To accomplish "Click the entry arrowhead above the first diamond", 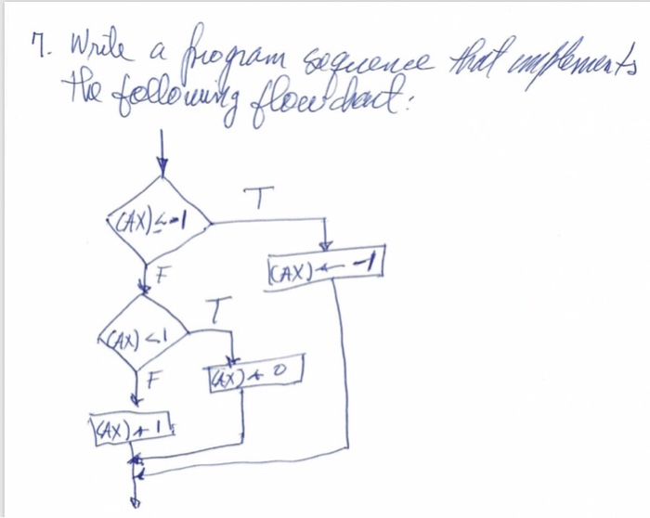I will point(163,168).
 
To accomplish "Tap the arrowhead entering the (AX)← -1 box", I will point(324,247).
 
